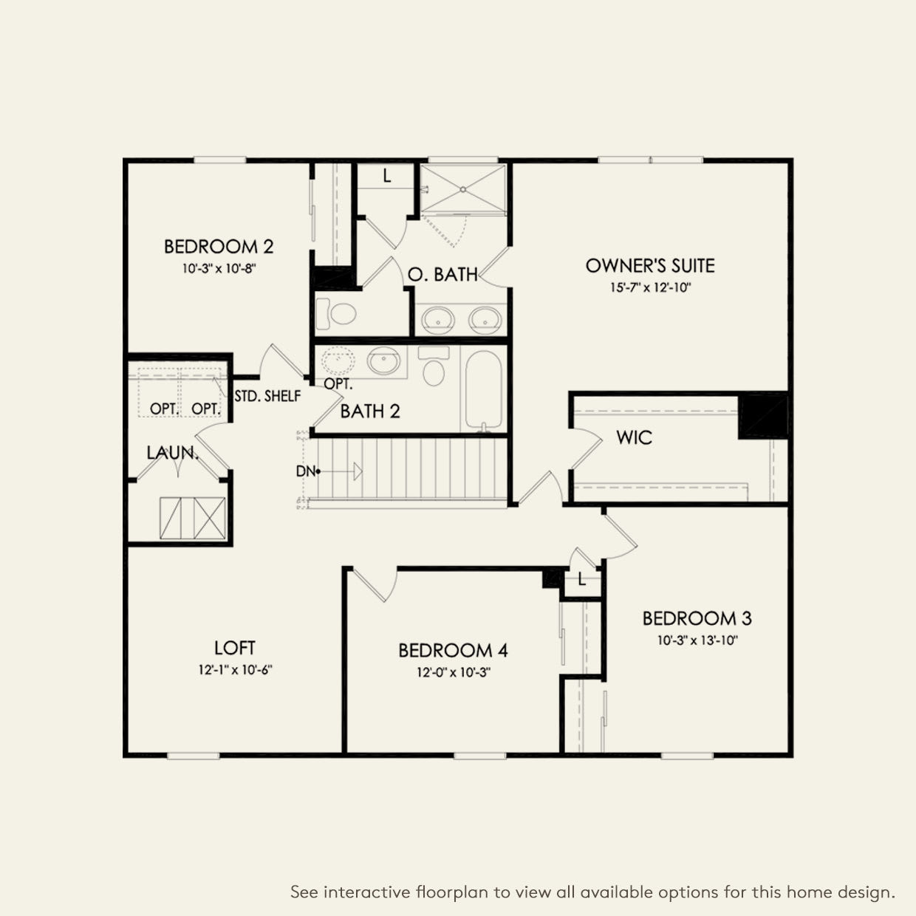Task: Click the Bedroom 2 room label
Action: (219, 247)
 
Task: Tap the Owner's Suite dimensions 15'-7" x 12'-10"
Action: (650, 287)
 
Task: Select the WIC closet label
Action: (634, 438)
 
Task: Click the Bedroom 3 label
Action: (697, 618)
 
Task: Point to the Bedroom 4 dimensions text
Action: (453, 672)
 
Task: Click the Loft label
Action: (235, 648)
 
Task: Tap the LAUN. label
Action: (172, 452)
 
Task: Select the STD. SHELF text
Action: (267, 396)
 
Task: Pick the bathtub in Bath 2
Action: (484, 389)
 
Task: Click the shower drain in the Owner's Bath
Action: (463, 189)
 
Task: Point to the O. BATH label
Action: (442, 275)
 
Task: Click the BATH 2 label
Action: (370, 411)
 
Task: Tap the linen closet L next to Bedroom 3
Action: (582, 580)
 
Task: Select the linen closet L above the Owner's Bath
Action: (386, 176)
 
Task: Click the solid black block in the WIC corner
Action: (764, 417)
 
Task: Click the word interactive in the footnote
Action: (367, 892)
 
